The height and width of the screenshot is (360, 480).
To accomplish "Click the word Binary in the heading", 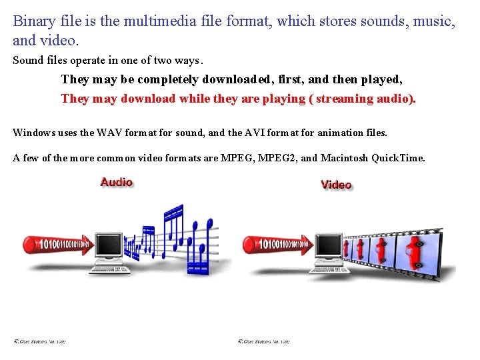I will [33, 21].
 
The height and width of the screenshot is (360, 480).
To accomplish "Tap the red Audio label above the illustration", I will [117, 182].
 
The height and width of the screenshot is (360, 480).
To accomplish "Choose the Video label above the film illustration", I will [336, 184].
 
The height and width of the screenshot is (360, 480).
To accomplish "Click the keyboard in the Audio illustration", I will [110, 269].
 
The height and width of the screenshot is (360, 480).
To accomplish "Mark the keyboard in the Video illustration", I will [331, 269].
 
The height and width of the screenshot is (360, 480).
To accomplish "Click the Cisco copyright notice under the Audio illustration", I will [40, 341].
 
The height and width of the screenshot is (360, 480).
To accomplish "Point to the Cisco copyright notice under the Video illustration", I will [264, 341].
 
